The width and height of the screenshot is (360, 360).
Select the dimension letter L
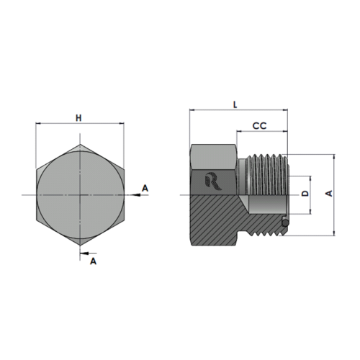click(x=237, y=104)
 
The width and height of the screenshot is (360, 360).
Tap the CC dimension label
click(x=260, y=126)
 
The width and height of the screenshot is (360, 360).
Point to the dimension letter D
click(x=305, y=195)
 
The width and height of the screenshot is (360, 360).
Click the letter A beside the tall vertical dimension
click(x=329, y=194)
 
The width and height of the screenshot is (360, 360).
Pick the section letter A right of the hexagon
click(x=145, y=188)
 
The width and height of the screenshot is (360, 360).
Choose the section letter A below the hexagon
click(x=93, y=262)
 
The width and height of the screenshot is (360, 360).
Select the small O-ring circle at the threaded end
click(x=287, y=224)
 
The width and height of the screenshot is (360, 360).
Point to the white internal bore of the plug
click(x=266, y=204)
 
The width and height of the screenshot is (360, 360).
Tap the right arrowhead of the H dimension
click(x=119, y=124)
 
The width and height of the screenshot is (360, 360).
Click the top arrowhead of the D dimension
click(x=310, y=178)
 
